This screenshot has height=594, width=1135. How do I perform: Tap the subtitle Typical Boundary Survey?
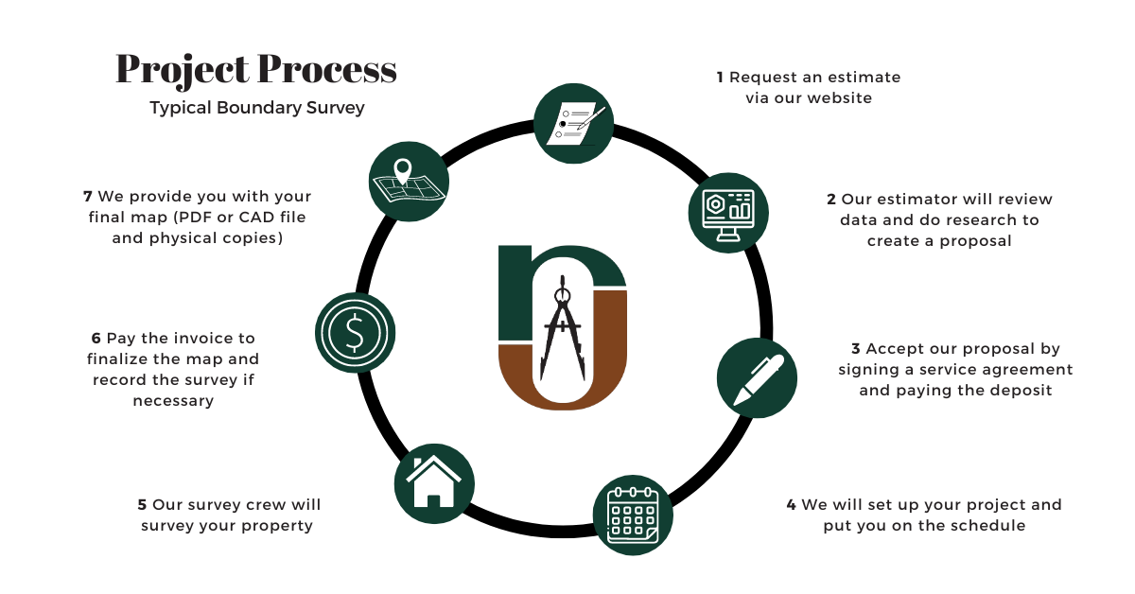(256, 108)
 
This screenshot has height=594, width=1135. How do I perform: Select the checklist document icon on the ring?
(573, 122)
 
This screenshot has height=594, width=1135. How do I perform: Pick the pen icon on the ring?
(757, 377)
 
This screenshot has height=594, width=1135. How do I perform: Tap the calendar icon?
(632, 515)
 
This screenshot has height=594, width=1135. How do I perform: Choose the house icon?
(434, 482)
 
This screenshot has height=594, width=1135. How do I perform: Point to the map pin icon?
(409, 181)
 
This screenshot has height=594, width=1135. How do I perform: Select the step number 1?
(721, 78)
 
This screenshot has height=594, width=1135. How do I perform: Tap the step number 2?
(831, 200)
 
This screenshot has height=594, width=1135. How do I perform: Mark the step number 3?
(856, 349)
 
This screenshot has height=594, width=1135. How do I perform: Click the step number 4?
(791, 505)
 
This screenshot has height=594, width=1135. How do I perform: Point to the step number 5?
(142, 505)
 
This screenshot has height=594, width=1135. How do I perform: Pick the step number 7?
(88, 197)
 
